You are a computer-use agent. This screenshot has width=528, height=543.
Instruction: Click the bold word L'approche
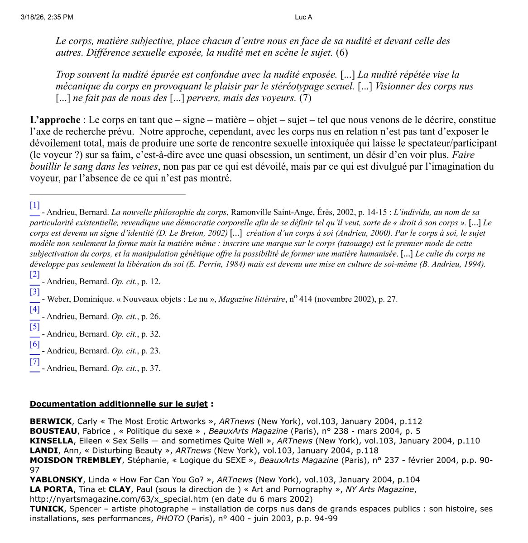pyautogui.click(x=55, y=120)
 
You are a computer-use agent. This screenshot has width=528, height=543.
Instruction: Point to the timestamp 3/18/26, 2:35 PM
pyautogui.click(x=47, y=17)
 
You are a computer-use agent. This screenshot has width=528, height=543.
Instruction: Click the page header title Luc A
pyautogui.click(x=303, y=17)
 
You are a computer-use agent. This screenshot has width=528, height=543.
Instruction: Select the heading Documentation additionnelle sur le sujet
pyautogui.click(x=119, y=404)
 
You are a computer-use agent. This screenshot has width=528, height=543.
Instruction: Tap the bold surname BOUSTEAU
pyautogui.click(x=53, y=431)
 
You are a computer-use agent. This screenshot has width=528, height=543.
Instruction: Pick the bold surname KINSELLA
pyautogui.click(x=51, y=441)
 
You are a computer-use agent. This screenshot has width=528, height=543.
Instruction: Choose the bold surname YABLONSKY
pyautogui.click(x=56, y=480)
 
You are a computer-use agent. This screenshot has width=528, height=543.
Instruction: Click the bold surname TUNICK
pyautogui.click(x=47, y=509)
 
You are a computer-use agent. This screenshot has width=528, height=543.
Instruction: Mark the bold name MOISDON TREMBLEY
pyautogui.click(x=76, y=460)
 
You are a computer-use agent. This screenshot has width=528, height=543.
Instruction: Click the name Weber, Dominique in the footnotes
pyautogui.click(x=75, y=299)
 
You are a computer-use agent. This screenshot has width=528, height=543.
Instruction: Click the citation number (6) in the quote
pyautogui.click(x=341, y=52)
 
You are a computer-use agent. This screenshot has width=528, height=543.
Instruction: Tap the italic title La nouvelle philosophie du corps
pyautogui.click(x=168, y=212)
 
